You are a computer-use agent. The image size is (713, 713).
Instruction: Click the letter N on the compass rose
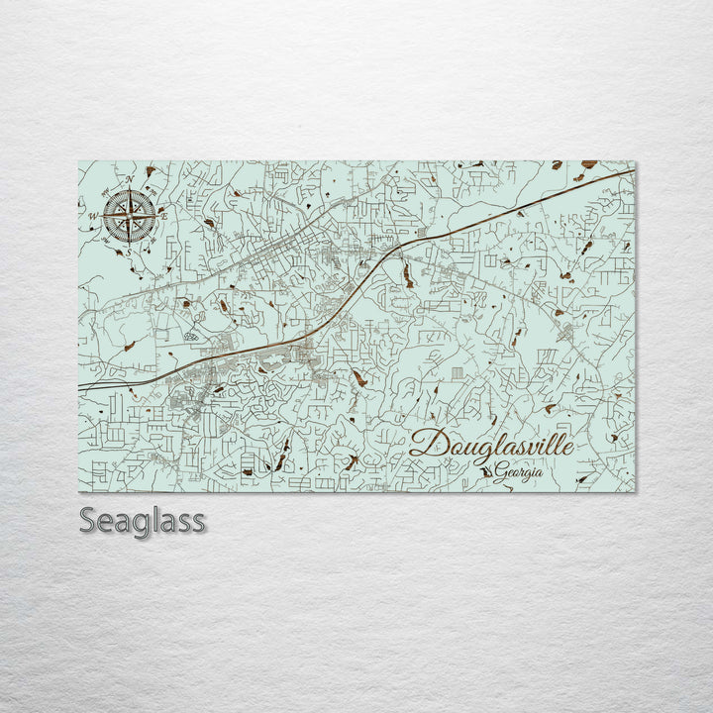(130, 179)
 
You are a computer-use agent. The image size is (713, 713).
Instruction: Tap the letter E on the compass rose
(164, 214)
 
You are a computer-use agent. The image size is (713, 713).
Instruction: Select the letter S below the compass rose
(128, 253)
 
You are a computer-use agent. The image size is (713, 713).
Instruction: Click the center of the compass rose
(130, 215)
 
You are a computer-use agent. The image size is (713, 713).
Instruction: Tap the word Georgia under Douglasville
(520, 472)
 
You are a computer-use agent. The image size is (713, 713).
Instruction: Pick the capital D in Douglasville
(423, 443)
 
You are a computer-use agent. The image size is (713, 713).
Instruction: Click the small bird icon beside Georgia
(486, 473)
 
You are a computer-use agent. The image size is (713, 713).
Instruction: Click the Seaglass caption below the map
(142, 521)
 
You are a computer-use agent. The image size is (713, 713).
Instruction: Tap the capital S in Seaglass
(88, 521)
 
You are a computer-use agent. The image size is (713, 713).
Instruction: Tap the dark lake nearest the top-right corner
(589, 164)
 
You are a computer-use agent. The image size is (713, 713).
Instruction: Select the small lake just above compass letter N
(151, 171)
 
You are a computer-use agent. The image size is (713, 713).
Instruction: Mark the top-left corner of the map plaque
(79, 161)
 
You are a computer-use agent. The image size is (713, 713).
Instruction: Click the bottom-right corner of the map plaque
(635, 490)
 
